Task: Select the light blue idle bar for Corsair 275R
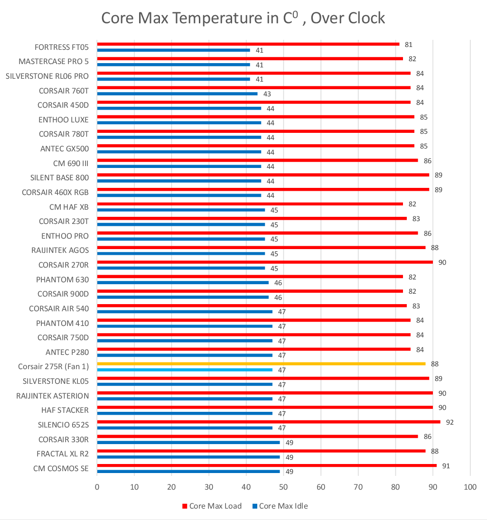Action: tap(185, 370)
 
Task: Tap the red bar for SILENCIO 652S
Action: tap(268, 422)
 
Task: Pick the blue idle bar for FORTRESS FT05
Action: tap(174, 50)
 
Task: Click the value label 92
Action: tap(450, 422)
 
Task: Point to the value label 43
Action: tap(267, 94)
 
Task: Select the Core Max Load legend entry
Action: tap(212, 506)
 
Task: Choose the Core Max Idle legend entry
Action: tap(280, 506)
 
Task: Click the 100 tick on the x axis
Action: tap(469, 487)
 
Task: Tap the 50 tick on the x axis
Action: tap(283, 487)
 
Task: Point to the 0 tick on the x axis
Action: tap(97, 487)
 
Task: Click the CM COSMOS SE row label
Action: tap(61, 468)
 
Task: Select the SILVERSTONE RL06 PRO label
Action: tap(47, 76)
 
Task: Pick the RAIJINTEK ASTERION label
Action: tap(52, 396)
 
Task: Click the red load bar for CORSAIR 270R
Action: tap(264, 262)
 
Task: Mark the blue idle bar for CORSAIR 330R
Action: tap(188, 442)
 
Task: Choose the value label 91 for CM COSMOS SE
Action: tap(446, 466)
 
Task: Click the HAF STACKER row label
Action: tap(65, 410)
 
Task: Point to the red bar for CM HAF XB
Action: tap(250, 204)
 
